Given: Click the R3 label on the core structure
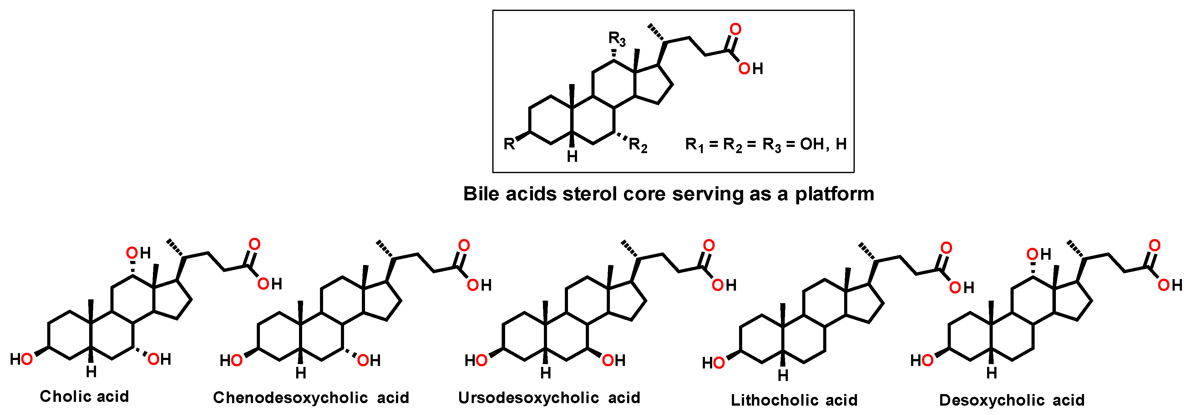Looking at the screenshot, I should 617,39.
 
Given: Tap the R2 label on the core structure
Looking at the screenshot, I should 638,146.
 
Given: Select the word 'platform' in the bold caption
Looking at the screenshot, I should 834,194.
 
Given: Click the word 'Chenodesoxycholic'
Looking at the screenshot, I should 290,398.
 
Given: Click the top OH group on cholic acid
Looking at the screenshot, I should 138,253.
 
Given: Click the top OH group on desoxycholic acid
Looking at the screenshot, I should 1038,254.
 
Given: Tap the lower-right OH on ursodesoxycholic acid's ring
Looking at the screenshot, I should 614,360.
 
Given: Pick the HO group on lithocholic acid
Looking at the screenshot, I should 713,363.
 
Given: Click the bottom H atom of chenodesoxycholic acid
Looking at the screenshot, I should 301,373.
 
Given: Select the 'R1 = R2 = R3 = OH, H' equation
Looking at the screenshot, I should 766,145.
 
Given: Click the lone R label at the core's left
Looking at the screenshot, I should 509,144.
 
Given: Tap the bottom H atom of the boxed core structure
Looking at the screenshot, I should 572,157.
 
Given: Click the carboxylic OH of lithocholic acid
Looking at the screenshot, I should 962,287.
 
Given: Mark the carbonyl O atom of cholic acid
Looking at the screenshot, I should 254,244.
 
